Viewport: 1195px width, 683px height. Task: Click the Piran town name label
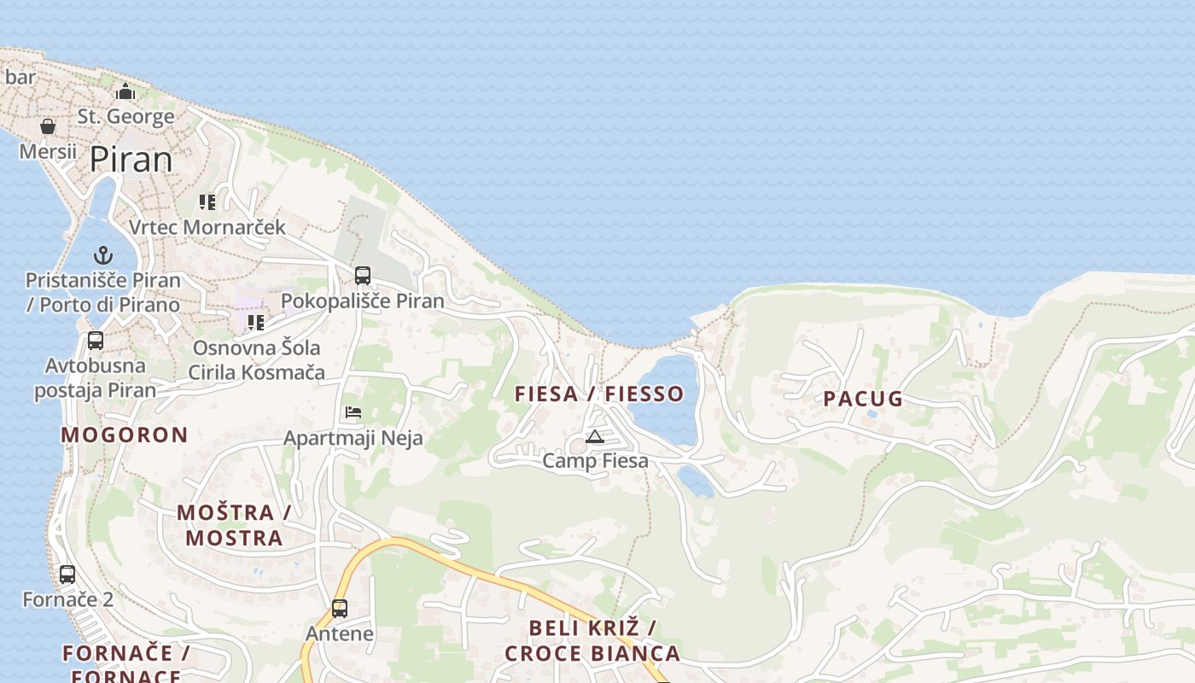(x=131, y=160)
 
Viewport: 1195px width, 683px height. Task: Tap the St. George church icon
(x=126, y=91)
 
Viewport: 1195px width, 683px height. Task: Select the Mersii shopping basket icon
(x=48, y=127)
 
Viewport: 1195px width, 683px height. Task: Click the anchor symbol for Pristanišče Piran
(x=102, y=255)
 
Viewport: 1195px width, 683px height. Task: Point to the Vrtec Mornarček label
(x=207, y=227)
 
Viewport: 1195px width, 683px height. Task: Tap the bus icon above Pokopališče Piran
(x=363, y=276)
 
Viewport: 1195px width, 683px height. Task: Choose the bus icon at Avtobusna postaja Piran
(x=96, y=341)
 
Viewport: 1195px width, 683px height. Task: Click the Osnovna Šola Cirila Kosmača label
(x=256, y=359)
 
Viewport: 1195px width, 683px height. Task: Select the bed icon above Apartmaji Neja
(x=353, y=412)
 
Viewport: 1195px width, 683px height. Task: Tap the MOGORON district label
(x=125, y=435)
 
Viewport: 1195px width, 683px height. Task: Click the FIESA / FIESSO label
(x=599, y=394)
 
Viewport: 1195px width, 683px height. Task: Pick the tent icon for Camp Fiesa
(x=595, y=437)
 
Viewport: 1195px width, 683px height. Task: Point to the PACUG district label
(x=863, y=399)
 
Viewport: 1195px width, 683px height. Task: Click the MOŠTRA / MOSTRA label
(x=234, y=525)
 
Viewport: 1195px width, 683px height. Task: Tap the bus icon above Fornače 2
(x=67, y=575)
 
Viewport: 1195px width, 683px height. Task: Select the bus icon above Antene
(x=340, y=609)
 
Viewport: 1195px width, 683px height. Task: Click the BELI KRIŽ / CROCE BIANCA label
(x=592, y=640)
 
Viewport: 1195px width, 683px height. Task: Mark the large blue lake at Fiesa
(x=667, y=397)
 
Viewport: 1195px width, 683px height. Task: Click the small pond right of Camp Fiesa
(x=696, y=482)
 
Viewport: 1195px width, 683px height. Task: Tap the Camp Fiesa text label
(x=596, y=461)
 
